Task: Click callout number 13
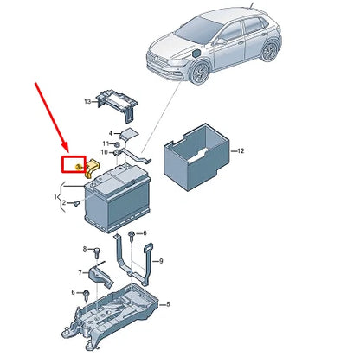[x=87, y=102]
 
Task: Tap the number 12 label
[x=241, y=150]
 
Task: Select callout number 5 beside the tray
[x=169, y=304]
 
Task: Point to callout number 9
[x=161, y=261]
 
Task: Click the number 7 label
[x=80, y=272]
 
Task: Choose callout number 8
[x=85, y=249]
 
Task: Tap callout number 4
[x=111, y=133]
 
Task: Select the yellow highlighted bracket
[x=92, y=168]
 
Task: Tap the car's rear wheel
[x=270, y=50]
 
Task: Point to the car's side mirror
[x=222, y=41]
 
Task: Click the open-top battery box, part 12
[x=197, y=157]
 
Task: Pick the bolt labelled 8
[x=97, y=252]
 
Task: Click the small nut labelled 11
[x=117, y=144]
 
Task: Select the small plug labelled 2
[x=76, y=204]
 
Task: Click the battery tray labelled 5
[x=110, y=316]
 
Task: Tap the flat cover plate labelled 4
[x=128, y=133]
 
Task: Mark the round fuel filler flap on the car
[x=196, y=54]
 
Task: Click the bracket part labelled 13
[x=117, y=105]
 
